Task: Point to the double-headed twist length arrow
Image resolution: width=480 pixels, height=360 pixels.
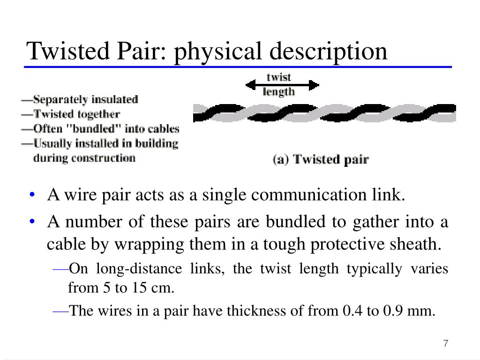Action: click(x=283, y=85)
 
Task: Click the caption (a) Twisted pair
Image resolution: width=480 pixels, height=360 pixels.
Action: click(x=321, y=159)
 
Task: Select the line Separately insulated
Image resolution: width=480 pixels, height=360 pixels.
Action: click(x=80, y=99)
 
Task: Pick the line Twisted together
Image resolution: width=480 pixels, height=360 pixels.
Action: click(x=71, y=114)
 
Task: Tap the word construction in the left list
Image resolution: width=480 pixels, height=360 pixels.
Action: click(x=107, y=157)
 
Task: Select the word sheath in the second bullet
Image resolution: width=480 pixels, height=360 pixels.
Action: click(x=421, y=244)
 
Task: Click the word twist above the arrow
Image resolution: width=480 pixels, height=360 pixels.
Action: click(x=278, y=77)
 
